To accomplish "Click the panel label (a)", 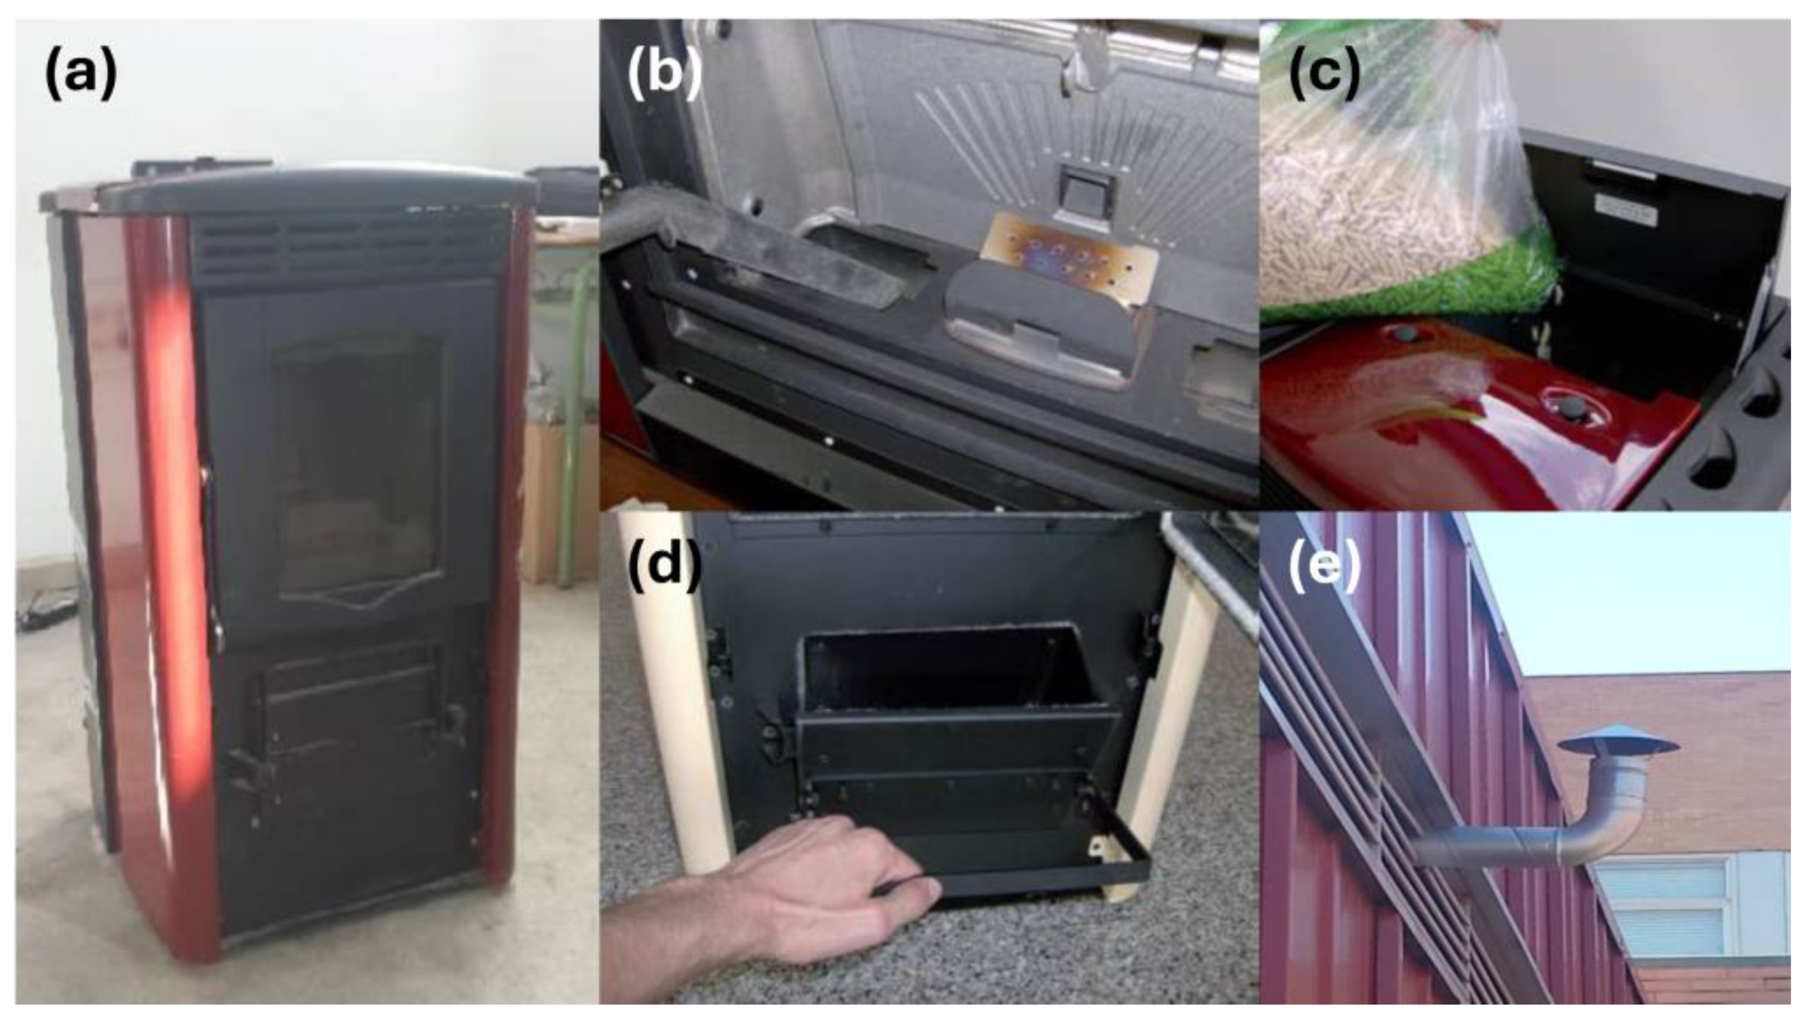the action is (x=80, y=73).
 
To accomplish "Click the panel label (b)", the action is (x=665, y=73).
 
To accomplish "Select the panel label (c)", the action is (x=1324, y=73).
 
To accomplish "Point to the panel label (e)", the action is (x=1324, y=564).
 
